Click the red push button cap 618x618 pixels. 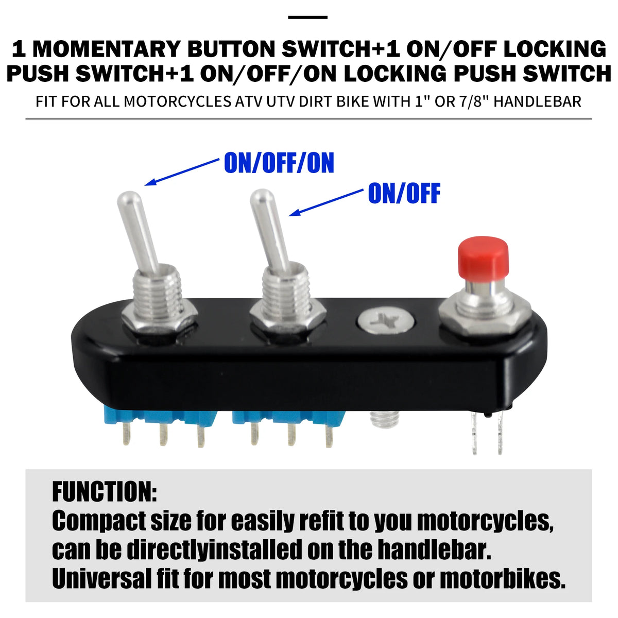483,257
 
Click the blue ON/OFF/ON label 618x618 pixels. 279,163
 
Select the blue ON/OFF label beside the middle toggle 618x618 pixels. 404,193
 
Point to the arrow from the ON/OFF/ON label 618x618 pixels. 182,172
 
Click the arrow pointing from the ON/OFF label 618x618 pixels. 326,202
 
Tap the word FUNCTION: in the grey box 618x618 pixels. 105,492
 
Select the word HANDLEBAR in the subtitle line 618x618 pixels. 537,101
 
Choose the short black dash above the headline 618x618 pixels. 307,18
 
